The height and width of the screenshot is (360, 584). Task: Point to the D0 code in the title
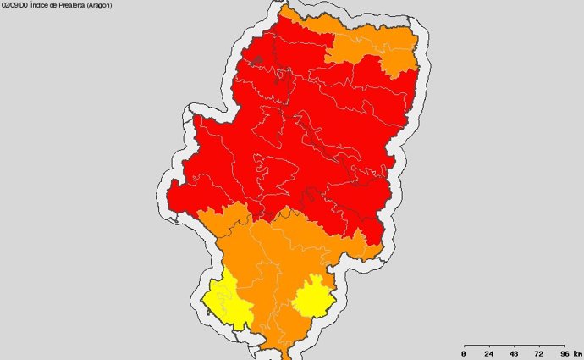coord(26,5)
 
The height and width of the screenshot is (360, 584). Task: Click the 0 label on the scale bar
coord(463,353)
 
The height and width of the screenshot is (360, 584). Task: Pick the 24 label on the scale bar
coord(488,353)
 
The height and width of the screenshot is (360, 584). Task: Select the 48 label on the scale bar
coord(514,353)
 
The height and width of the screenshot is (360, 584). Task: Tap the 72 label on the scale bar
coord(538,353)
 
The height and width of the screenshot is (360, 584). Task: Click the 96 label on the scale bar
coord(564,353)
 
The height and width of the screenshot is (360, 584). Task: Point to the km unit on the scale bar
coord(577,353)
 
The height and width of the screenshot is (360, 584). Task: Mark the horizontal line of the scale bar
coord(513,346)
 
